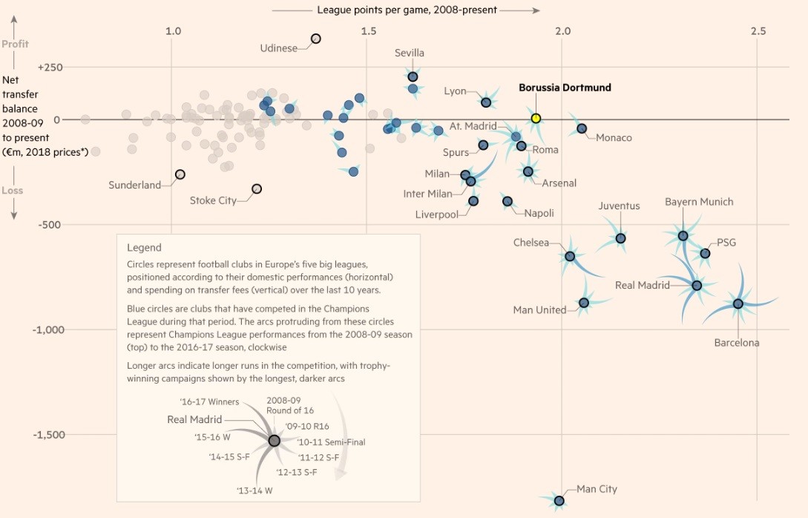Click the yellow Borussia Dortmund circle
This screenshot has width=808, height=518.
[x=536, y=118]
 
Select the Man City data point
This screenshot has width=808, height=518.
[x=559, y=501]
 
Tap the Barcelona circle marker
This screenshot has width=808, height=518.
[x=738, y=304]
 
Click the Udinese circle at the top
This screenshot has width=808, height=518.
[x=315, y=39]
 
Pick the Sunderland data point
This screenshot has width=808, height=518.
[x=180, y=174]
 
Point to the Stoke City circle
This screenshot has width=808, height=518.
[x=257, y=189]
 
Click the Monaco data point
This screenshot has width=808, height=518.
[x=582, y=128]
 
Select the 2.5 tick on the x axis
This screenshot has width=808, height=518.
[x=758, y=31]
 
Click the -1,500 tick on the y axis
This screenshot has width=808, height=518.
[x=50, y=434]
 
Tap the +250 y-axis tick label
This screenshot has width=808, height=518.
[x=50, y=68]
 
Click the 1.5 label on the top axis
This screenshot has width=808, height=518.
[x=368, y=31]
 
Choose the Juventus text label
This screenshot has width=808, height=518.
[x=619, y=206]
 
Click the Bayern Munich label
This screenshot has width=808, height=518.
[x=699, y=202]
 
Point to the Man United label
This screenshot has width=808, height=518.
[x=539, y=309]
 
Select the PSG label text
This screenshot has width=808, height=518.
[x=727, y=243]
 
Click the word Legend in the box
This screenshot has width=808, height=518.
[x=144, y=248]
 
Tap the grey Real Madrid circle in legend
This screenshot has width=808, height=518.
[x=274, y=440]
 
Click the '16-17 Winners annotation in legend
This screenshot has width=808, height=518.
[x=209, y=401]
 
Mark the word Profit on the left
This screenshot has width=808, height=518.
[x=15, y=44]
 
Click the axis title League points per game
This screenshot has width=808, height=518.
[x=407, y=10]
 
